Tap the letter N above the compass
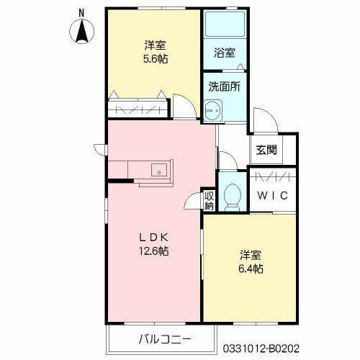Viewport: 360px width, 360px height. [81, 12]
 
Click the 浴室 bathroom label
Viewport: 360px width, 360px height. [224, 53]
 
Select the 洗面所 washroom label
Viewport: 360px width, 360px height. [224, 86]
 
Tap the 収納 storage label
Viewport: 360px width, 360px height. [209, 200]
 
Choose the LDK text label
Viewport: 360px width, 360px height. [154, 237]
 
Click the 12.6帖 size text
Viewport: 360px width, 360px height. [154, 251]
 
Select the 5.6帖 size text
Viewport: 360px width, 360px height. [154, 59]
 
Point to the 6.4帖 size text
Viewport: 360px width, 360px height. [251, 269]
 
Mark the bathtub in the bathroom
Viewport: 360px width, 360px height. [224, 27]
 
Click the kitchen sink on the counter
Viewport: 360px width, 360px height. [159, 171]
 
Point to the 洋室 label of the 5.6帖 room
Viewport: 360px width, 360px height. [154, 45]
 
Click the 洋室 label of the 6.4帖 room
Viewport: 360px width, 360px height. [251, 255]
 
